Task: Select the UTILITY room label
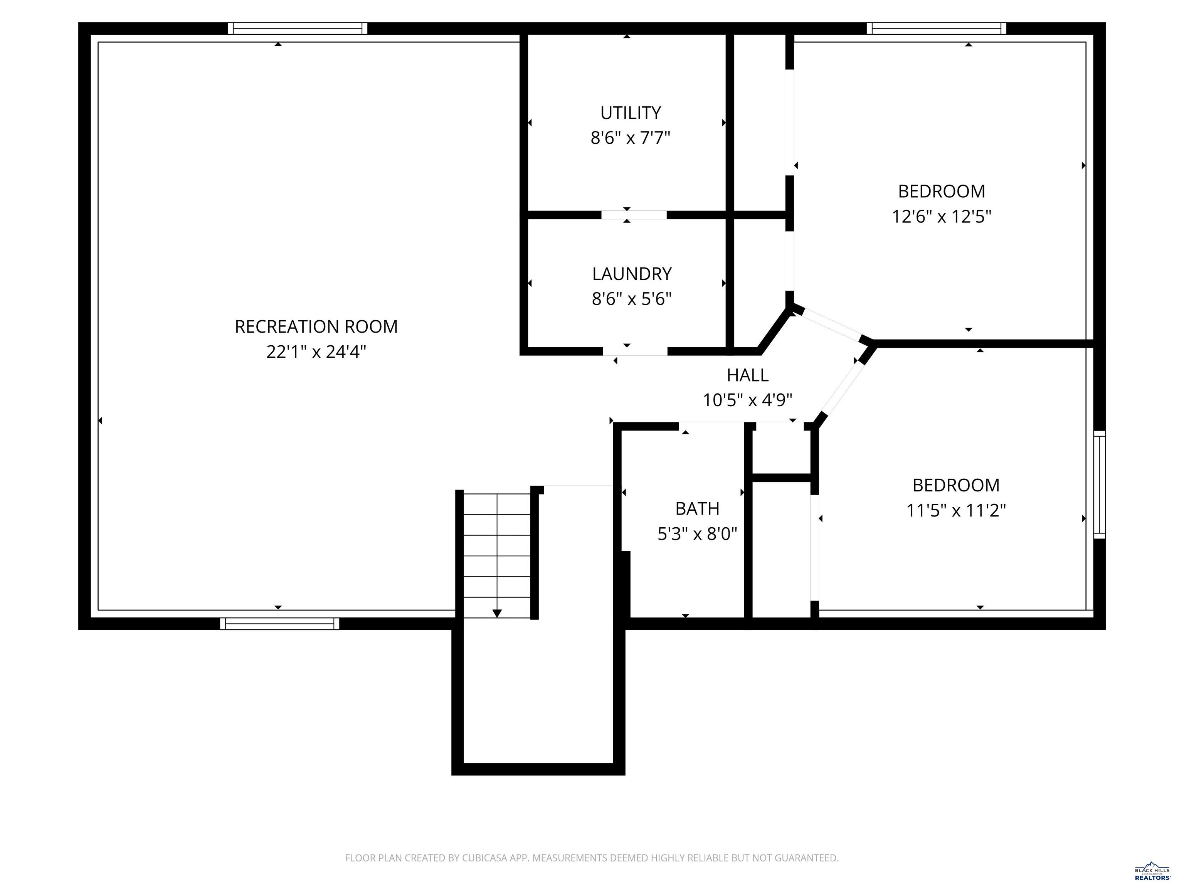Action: coord(630,113)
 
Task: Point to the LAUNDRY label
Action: coord(632,274)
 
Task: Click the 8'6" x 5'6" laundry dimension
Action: coord(632,299)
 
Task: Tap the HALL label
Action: coord(747,375)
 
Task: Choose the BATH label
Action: coord(697,508)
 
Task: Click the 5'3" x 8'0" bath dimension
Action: coord(697,534)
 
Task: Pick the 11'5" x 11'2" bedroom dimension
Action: coord(956,511)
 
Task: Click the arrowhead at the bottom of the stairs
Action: coord(497,614)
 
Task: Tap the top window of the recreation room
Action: coord(298,29)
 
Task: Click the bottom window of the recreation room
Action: coord(279,624)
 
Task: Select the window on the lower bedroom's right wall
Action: coord(1099,484)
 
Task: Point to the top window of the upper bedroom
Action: coord(936,29)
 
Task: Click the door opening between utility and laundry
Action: coord(634,215)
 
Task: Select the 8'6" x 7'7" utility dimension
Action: coord(630,138)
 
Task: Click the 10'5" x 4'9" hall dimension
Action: coord(747,400)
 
